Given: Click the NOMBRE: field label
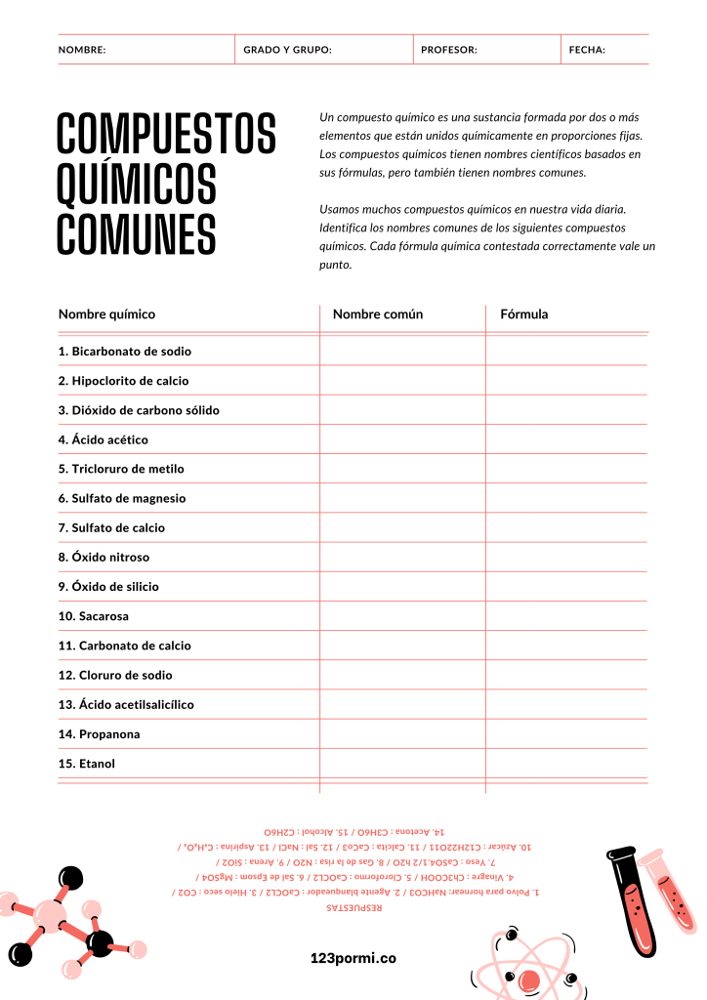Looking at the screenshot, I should pyautogui.click(x=82, y=50).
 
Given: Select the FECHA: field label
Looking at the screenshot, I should pyautogui.click(x=587, y=50).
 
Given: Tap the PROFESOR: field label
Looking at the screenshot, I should pyautogui.click(x=449, y=50).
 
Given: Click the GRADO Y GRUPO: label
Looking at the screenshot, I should pyautogui.click(x=287, y=50).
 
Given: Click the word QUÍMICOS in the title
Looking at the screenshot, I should pyautogui.click(x=137, y=185).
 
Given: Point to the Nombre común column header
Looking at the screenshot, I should pyautogui.click(x=378, y=314).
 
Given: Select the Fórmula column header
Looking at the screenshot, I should pyautogui.click(x=524, y=314).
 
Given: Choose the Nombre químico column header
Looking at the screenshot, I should pyautogui.click(x=106, y=314).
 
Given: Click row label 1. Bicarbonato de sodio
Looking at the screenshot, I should pyautogui.click(x=125, y=352).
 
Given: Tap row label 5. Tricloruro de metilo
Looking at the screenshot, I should pyautogui.click(x=121, y=469).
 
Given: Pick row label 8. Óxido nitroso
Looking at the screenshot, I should pyautogui.click(x=104, y=558).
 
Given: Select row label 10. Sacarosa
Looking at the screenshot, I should pyautogui.click(x=94, y=616).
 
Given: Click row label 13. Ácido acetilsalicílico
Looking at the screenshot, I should pyautogui.click(x=126, y=704).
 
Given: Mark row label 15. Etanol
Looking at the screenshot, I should pyautogui.click(x=87, y=764).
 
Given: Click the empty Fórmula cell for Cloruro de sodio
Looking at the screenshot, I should pyautogui.click(x=566, y=675).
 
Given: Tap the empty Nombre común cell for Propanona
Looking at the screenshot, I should pyautogui.click(x=402, y=734).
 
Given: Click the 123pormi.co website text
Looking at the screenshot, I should pyautogui.click(x=353, y=959).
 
